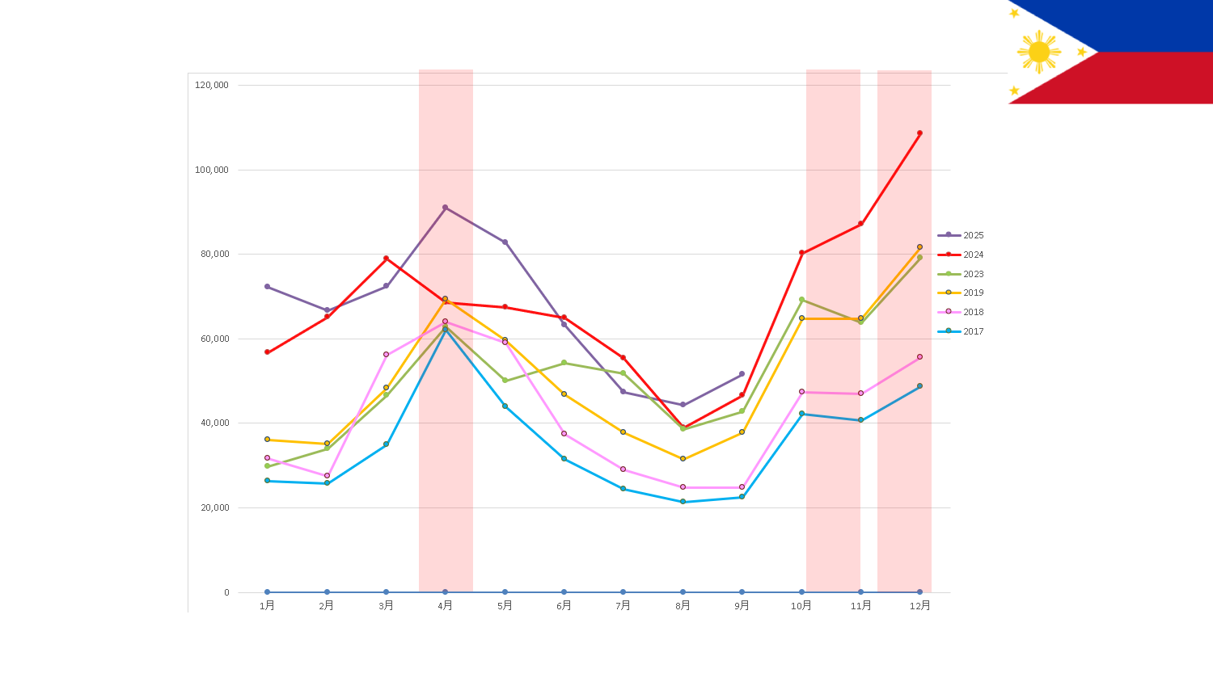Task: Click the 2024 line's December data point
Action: pyautogui.click(x=919, y=133)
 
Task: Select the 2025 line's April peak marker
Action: pyautogui.click(x=445, y=208)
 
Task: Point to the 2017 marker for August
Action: pyautogui.click(x=683, y=502)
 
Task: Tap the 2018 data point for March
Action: pyautogui.click(x=386, y=355)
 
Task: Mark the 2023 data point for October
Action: pyautogui.click(x=801, y=300)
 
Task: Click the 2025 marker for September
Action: pyautogui.click(x=742, y=374)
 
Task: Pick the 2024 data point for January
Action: pyautogui.click(x=267, y=352)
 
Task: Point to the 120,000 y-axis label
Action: pyautogui.click(x=212, y=85)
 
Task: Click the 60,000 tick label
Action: pyautogui.click(x=214, y=339)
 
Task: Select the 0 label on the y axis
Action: pyautogui.click(x=226, y=592)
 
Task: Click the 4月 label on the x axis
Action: pyautogui.click(x=445, y=605)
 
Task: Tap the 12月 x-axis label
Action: pyautogui.click(x=919, y=605)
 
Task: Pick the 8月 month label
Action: pyautogui.click(x=683, y=605)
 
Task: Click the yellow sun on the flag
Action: pyautogui.click(x=1039, y=52)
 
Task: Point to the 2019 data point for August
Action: pyautogui.click(x=683, y=459)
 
